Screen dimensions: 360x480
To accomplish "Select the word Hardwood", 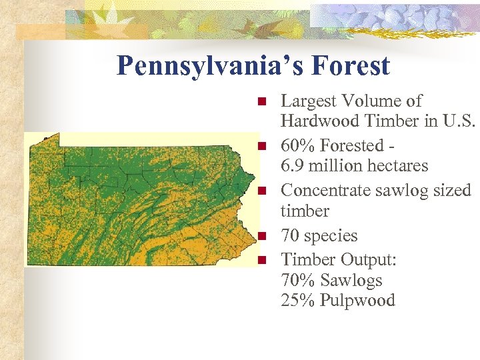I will click(x=314, y=121).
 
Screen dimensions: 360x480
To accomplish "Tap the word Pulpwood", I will click(x=357, y=301).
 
